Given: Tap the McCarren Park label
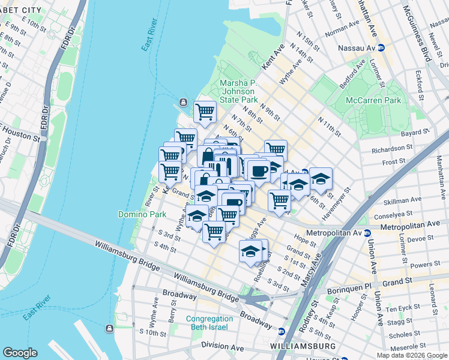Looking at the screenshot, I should (x=373, y=101).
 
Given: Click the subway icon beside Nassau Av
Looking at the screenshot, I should (x=389, y=47).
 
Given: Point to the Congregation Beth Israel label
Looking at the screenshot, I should (x=209, y=323).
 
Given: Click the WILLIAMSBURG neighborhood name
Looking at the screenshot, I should (x=303, y=347).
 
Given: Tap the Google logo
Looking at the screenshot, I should (x=20, y=353).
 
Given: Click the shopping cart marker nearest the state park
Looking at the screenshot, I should (x=205, y=112).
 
